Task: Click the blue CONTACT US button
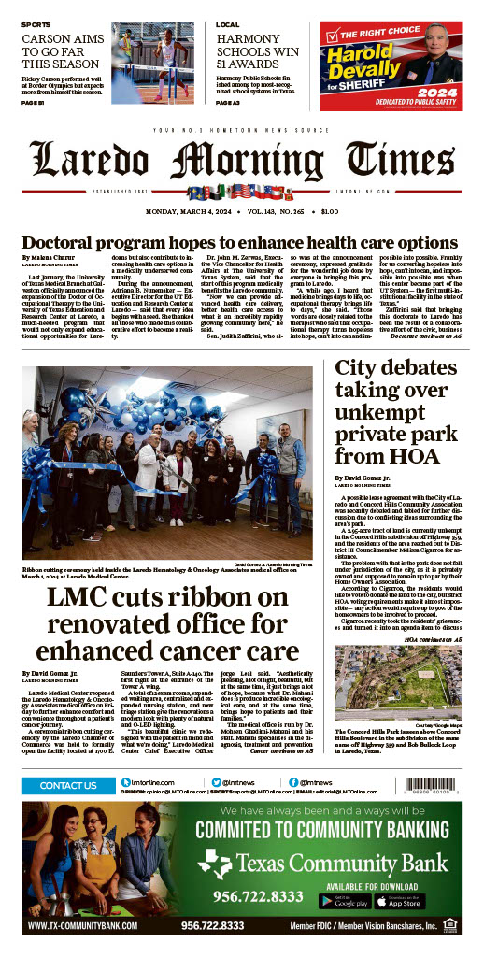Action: click(68, 786)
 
